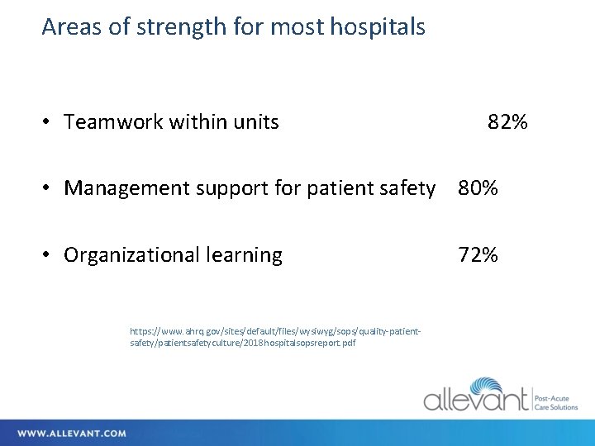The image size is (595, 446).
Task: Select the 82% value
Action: [507, 123]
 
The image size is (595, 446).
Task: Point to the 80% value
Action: [478, 189]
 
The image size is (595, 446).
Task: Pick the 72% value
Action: [478, 255]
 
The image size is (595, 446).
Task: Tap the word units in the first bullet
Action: [256, 123]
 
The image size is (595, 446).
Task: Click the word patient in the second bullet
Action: [342, 189]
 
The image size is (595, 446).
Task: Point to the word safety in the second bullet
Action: [409, 189]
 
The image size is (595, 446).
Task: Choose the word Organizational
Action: [131, 255]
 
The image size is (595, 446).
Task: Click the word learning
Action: [244, 255]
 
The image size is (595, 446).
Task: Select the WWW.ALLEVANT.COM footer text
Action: [72, 434]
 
